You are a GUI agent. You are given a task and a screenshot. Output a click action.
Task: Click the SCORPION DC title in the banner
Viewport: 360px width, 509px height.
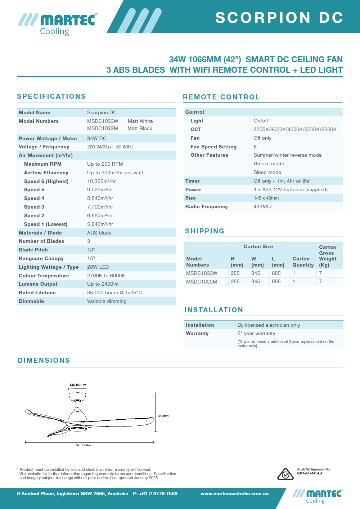(279, 18)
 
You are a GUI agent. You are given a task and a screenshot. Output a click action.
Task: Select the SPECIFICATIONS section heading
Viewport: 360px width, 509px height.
(51, 96)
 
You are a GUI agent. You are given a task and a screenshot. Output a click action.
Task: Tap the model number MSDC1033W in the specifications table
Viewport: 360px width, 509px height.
(103, 121)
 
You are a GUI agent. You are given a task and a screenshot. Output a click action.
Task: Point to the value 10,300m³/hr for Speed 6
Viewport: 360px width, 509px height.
(102, 181)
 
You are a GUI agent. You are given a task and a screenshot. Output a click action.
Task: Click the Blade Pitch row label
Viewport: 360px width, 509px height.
(33, 250)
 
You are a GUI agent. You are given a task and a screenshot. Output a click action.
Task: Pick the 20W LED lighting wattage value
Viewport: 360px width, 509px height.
(98, 267)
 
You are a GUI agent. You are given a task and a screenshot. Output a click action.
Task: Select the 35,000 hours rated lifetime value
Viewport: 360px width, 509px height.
(114, 293)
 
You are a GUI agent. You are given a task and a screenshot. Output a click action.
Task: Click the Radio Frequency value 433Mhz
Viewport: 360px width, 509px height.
(263, 206)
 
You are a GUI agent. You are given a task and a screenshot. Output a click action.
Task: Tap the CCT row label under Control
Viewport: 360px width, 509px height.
(196, 129)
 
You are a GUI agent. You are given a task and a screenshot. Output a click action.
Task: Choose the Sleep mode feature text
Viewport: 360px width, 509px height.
(267, 172)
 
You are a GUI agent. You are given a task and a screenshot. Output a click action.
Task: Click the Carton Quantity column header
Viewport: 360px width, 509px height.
(303, 262)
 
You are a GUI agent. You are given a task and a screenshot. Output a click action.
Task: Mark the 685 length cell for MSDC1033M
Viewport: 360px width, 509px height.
(276, 281)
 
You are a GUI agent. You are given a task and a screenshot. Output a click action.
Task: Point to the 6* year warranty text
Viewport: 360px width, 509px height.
(256, 333)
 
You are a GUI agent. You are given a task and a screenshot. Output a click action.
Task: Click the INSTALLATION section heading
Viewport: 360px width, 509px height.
(214, 310)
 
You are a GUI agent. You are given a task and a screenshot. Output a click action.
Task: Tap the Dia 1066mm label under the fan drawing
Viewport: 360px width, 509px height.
(84, 445)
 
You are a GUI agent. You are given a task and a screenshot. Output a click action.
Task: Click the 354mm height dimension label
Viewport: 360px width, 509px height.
(163, 416)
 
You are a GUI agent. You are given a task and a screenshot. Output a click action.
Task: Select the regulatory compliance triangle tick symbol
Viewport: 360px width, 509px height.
(285, 474)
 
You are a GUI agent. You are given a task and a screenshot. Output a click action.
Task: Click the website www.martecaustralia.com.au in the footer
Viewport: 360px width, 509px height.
(235, 494)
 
